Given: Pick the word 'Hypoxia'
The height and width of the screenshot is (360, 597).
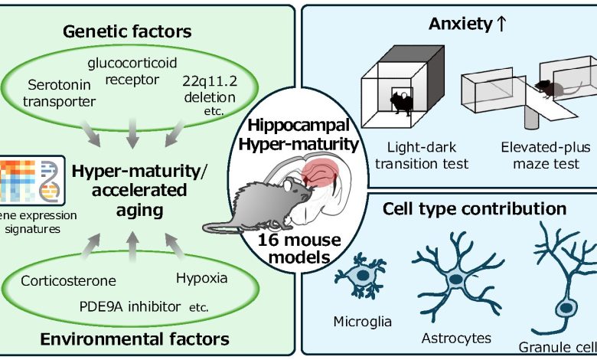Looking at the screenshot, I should point(201,277).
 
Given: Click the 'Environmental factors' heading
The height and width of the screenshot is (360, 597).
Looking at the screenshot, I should point(133,338).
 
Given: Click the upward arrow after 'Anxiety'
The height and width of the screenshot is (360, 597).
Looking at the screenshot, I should point(501,25).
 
